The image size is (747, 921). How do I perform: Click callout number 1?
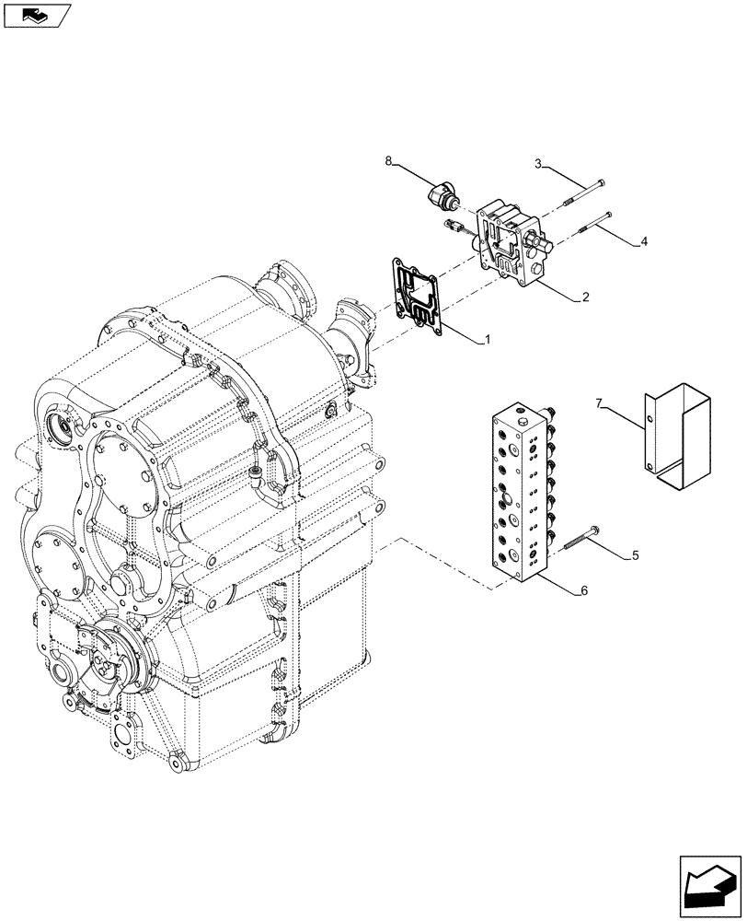pyautogui.click(x=488, y=339)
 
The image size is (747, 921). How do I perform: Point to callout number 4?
pyautogui.click(x=644, y=241)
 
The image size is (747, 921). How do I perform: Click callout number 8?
pyautogui.click(x=389, y=161)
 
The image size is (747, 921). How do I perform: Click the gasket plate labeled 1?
pyautogui.click(x=418, y=293)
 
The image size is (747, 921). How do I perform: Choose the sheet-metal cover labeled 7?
pyautogui.click(x=679, y=435)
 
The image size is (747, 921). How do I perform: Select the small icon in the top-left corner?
pyautogui.click(x=36, y=14)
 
